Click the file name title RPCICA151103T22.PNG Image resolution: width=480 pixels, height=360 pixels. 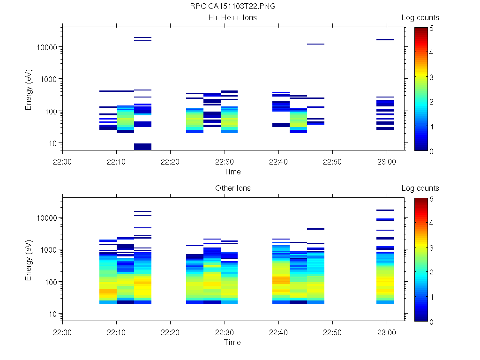[x=232, y=7]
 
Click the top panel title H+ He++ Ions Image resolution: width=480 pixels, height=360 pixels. [x=232, y=18]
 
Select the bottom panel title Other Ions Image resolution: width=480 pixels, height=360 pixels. [x=232, y=188]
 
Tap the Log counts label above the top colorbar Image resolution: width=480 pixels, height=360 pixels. [x=420, y=18]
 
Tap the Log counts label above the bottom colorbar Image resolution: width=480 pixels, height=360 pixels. [x=420, y=188]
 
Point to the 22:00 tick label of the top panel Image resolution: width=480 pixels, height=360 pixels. [x=62, y=162]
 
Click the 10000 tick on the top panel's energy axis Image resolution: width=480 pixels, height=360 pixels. [x=47, y=47]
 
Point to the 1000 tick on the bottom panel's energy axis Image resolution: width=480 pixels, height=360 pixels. [x=49, y=250]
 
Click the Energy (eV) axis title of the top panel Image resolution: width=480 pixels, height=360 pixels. [x=29, y=89]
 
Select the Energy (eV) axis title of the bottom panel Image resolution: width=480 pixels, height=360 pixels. [x=29, y=260]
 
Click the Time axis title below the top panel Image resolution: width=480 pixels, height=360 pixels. [x=232, y=172]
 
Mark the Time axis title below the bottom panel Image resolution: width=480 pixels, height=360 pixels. [x=232, y=343]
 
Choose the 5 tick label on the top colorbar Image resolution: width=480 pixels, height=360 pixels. [x=431, y=28]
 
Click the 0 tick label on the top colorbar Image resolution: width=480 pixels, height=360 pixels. [x=431, y=151]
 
